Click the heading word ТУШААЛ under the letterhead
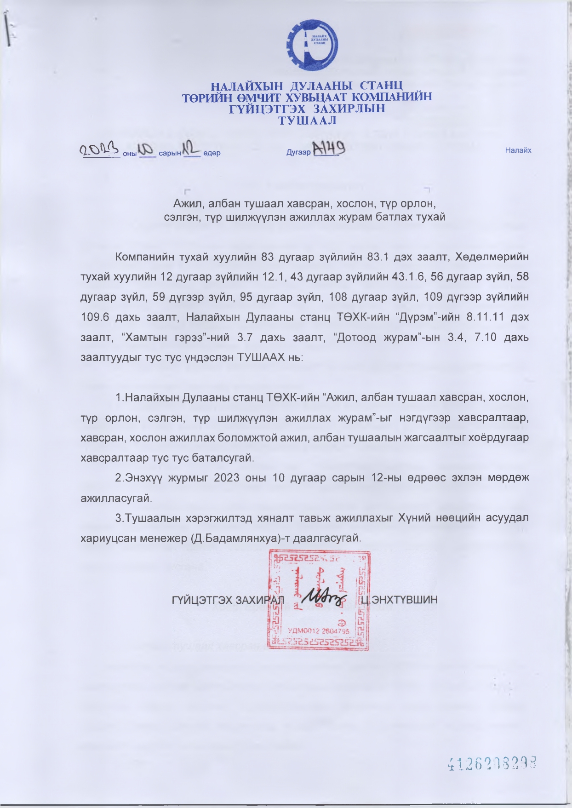(308, 121)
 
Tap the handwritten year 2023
(100, 150)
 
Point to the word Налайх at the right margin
(518, 150)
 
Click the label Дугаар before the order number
(298, 153)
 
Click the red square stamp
(319, 601)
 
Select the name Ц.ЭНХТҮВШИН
(399, 600)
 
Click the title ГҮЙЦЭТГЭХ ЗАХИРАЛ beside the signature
(228, 600)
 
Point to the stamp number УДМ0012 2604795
(319, 631)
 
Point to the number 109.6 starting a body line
(96, 317)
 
